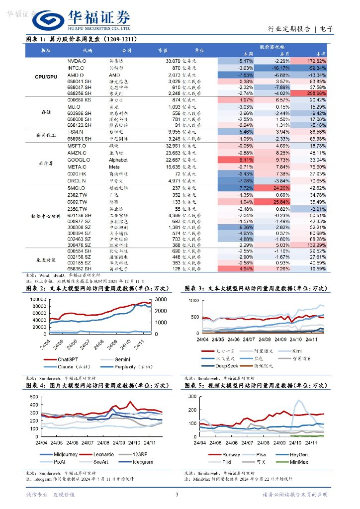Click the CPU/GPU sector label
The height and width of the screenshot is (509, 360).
[46, 77]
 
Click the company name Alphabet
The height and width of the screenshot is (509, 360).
[118, 160]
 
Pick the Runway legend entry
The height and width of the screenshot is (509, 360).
[230, 454]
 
